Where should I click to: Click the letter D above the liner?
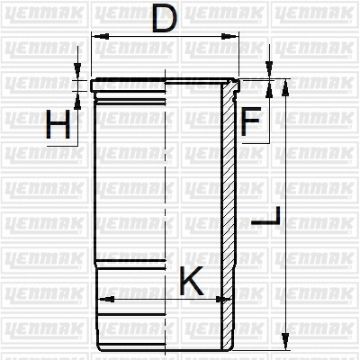pyautogui.click(x=163, y=19)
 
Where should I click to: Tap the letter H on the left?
pyautogui.click(x=58, y=126)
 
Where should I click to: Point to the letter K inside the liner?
pyautogui.click(x=191, y=281)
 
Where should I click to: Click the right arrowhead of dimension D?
pyautogui.click(x=237, y=37)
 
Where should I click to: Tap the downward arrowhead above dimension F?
pyautogui.click(x=268, y=75)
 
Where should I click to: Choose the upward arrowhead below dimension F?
pyautogui.click(x=268, y=94)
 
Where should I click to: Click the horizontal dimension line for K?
pyautogui.click(x=144, y=298)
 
